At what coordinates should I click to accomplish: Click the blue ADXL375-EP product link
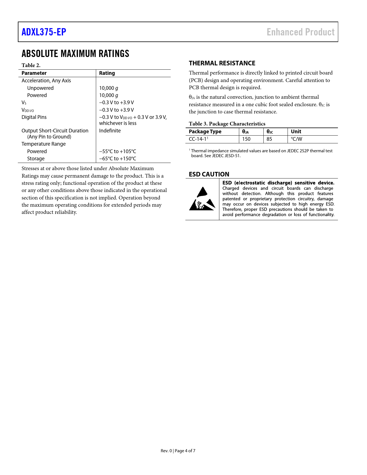(x=44, y=32)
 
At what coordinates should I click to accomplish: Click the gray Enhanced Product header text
(x=301, y=32)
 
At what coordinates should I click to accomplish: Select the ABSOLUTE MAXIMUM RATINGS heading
(x=75, y=54)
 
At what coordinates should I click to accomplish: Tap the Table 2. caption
(x=31, y=65)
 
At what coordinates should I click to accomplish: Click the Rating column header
(x=107, y=73)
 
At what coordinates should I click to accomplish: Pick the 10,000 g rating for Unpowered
(x=109, y=88)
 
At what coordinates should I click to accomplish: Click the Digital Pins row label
(x=34, y=117)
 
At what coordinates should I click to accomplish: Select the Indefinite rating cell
(x=110, y=131)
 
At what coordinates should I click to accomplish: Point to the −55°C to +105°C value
(x=117, y=151)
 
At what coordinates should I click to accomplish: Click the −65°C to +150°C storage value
(x=117, y=159)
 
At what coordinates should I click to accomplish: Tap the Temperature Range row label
(x=43, y=144)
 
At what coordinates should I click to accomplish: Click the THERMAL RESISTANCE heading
(x=222, y=63)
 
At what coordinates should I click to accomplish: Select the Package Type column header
(x=205, y=132)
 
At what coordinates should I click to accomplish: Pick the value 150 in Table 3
(x=246, y=139)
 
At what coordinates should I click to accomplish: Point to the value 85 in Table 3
(x=269, y=139)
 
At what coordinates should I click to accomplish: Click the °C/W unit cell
(x=296, y=139)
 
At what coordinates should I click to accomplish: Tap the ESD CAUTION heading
(x=209, y=174)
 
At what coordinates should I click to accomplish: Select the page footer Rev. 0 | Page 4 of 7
(x=178, y=451)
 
